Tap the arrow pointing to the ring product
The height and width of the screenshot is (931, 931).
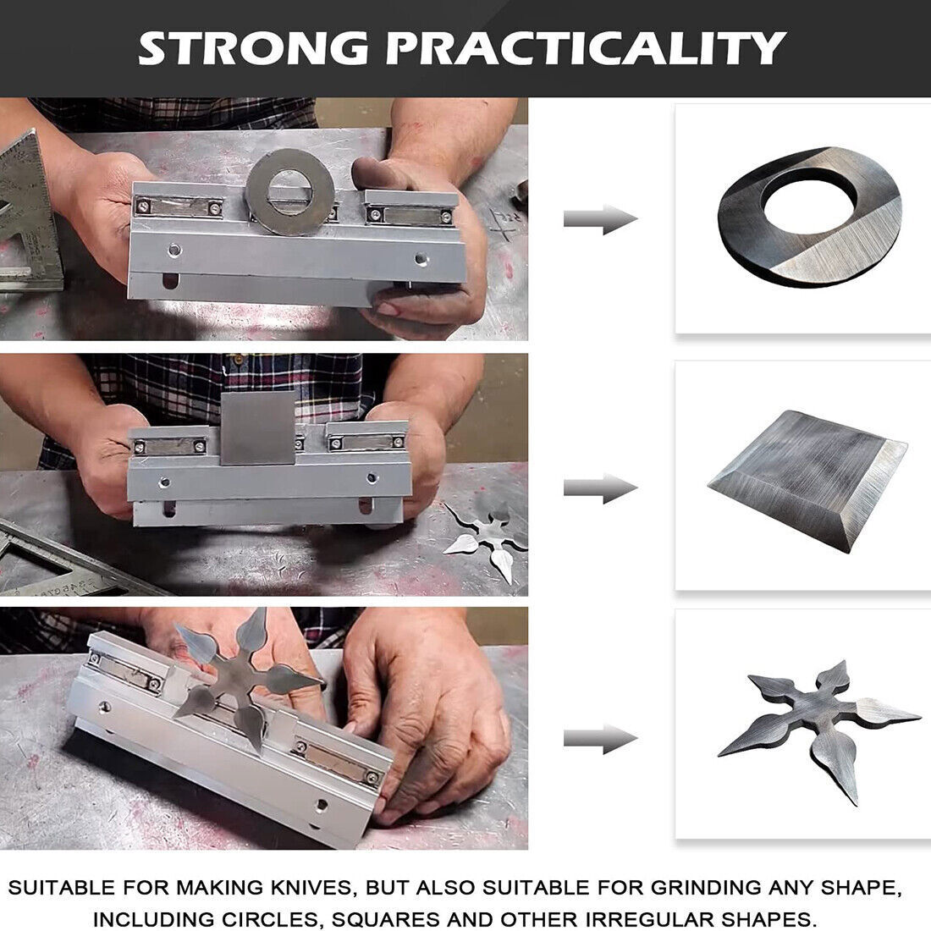(x=599, y=220)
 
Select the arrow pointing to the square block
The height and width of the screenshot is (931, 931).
(x=599, y=488)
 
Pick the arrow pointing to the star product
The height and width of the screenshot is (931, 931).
(x=599, y=738)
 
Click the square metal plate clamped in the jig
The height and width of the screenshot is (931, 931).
(x=257, y=427)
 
